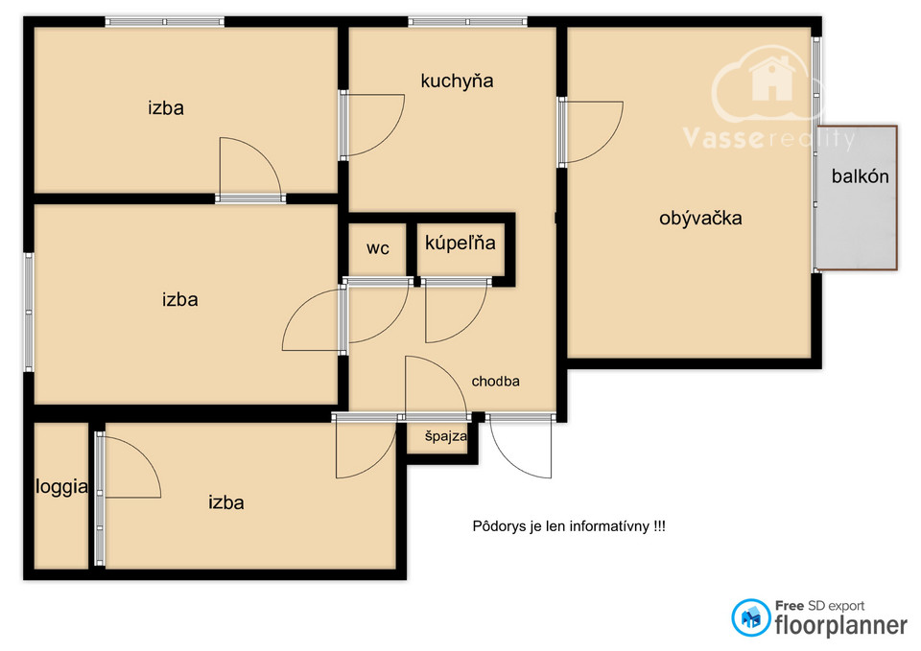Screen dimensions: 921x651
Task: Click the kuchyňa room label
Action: [457, 81]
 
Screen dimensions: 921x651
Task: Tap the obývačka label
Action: [700, 219]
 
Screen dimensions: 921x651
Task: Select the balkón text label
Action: [860, 176]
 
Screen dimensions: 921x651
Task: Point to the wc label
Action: [378, 248]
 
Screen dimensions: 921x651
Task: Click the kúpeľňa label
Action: [460, 242]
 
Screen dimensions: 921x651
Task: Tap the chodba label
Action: [495, 382]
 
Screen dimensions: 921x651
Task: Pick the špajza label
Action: [446, 436]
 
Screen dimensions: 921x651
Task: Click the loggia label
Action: [61, 487]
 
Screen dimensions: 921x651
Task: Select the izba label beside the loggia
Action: [226, 502]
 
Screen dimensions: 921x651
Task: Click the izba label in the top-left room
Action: [166, 108]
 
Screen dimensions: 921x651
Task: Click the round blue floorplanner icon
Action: [750, 617]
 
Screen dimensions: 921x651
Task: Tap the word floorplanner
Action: [840, 625]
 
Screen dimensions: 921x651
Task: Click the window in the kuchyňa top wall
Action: [467, 22]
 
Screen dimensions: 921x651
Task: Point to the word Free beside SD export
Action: [790, 605]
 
